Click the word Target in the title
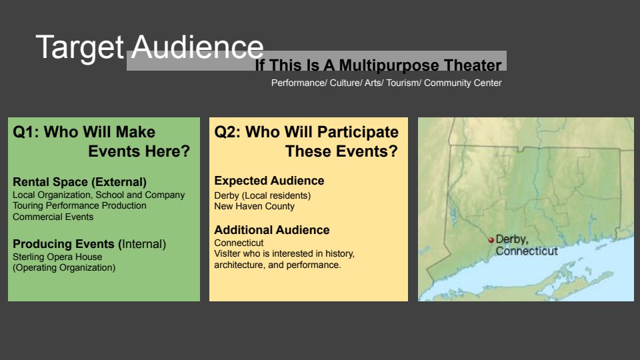[79, 48]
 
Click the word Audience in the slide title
[197, 47]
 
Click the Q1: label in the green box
[26, 132]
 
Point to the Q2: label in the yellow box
[227, 132]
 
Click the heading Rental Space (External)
[79, 182]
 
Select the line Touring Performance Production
[79, 206]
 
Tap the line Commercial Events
[53, 217]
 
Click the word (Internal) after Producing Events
[142, 244]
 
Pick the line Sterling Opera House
[57, 257]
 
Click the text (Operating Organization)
[64, 268]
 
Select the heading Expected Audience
[269, 181]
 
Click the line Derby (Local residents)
[263, 195]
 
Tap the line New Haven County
[254, 206]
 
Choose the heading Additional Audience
[272, 230]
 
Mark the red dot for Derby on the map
[491, 240]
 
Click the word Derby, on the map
[512, 239]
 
